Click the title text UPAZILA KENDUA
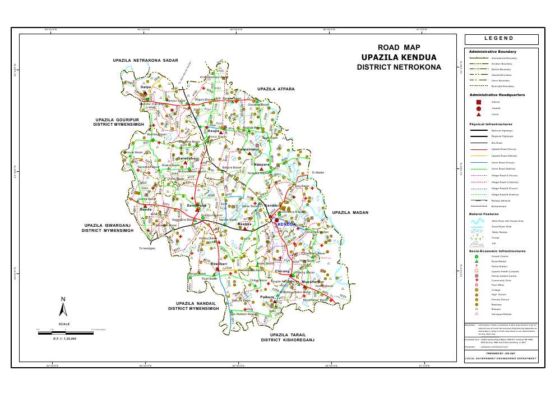[399, 57]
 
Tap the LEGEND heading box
[501, 39]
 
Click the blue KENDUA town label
[286, 224]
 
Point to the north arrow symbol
[64, 307]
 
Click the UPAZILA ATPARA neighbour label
[276, 89]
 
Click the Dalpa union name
[146, 87]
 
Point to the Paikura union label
[267, 296]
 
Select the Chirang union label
[283, 271]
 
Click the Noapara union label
[262, 164]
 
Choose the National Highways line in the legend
[478, 130]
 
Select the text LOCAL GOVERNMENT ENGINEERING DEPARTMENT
[501, 358]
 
